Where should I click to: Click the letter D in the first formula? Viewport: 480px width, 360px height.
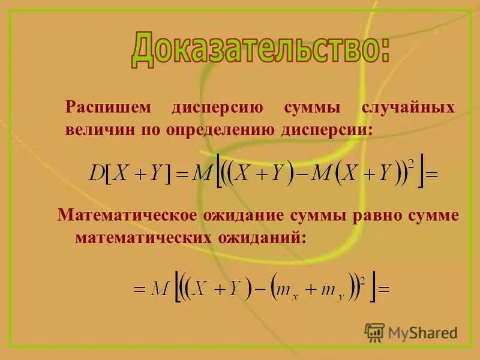97,173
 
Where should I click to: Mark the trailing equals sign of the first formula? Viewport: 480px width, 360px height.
432,175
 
